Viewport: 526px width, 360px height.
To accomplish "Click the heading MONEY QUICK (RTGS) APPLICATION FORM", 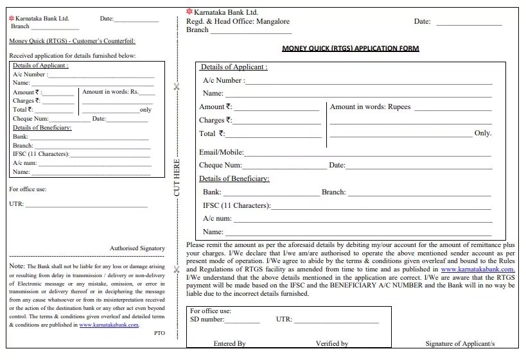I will pos(351,49).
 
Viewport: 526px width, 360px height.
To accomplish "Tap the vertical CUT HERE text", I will pos(177,178).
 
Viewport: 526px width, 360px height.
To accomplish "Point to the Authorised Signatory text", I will pos(137,248).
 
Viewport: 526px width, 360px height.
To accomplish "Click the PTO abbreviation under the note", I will pos(160,333).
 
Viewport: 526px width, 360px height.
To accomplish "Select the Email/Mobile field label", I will pos(221,153).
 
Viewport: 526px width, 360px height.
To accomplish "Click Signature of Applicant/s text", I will pos(460,343).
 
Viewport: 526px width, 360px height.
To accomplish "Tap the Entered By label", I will pos(229,343).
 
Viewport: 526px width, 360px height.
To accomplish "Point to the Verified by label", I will pos(331,343).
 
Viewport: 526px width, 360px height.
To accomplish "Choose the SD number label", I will pos(207,319).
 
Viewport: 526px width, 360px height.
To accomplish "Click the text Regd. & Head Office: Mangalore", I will pos(238,21).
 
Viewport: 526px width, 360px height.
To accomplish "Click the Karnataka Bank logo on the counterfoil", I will pos(12,19).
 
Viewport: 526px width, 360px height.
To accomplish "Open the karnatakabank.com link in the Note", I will pos(109,325).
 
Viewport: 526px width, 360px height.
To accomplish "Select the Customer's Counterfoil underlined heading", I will pos(72,41).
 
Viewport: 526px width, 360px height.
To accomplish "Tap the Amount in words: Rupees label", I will pos(370,107).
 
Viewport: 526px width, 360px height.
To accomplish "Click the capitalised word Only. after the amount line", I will pos(482,133).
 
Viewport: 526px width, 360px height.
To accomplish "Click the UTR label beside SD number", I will pos(284,319).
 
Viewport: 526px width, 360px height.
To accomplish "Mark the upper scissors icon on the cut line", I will pos(177,87).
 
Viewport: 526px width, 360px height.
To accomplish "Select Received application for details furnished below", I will pos(73,56).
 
